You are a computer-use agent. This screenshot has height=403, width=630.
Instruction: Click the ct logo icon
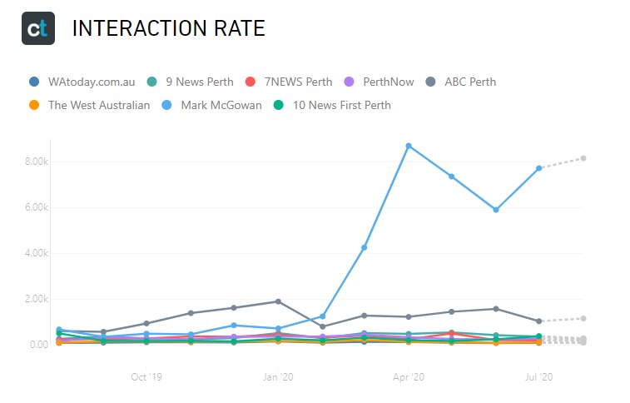pyautogui.click(x=38, y=28)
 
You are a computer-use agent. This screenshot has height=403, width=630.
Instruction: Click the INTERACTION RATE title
pyautogui.click(x=168, y=29)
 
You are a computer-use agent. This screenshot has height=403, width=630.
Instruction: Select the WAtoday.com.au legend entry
pyautogui.click(x=82, y=82)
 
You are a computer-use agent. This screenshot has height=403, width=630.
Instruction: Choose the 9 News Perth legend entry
pyautogui.click(x=192, y=82)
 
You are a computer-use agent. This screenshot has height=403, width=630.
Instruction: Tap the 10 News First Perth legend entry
pyautogui.click(x=333, y=105)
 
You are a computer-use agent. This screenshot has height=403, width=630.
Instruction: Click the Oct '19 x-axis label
pyautogui.click(x=146, y=377)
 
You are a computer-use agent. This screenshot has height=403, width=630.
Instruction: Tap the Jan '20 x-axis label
pyautogui.click(x=277, y=377)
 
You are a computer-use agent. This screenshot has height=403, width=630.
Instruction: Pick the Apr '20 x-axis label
pyautogui.click(x=408, y=377)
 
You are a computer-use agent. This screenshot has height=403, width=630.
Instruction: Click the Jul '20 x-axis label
pyautogui.click(x=539, y=377)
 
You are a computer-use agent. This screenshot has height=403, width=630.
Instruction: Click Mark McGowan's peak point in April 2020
pyautogui.click(x=408, y=146)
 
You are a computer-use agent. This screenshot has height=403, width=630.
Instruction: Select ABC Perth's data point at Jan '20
pyautogui.click(x=277, y=301)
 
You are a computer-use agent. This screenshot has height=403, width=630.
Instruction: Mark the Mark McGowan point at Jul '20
pyautogui.click(x=539, y=168)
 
